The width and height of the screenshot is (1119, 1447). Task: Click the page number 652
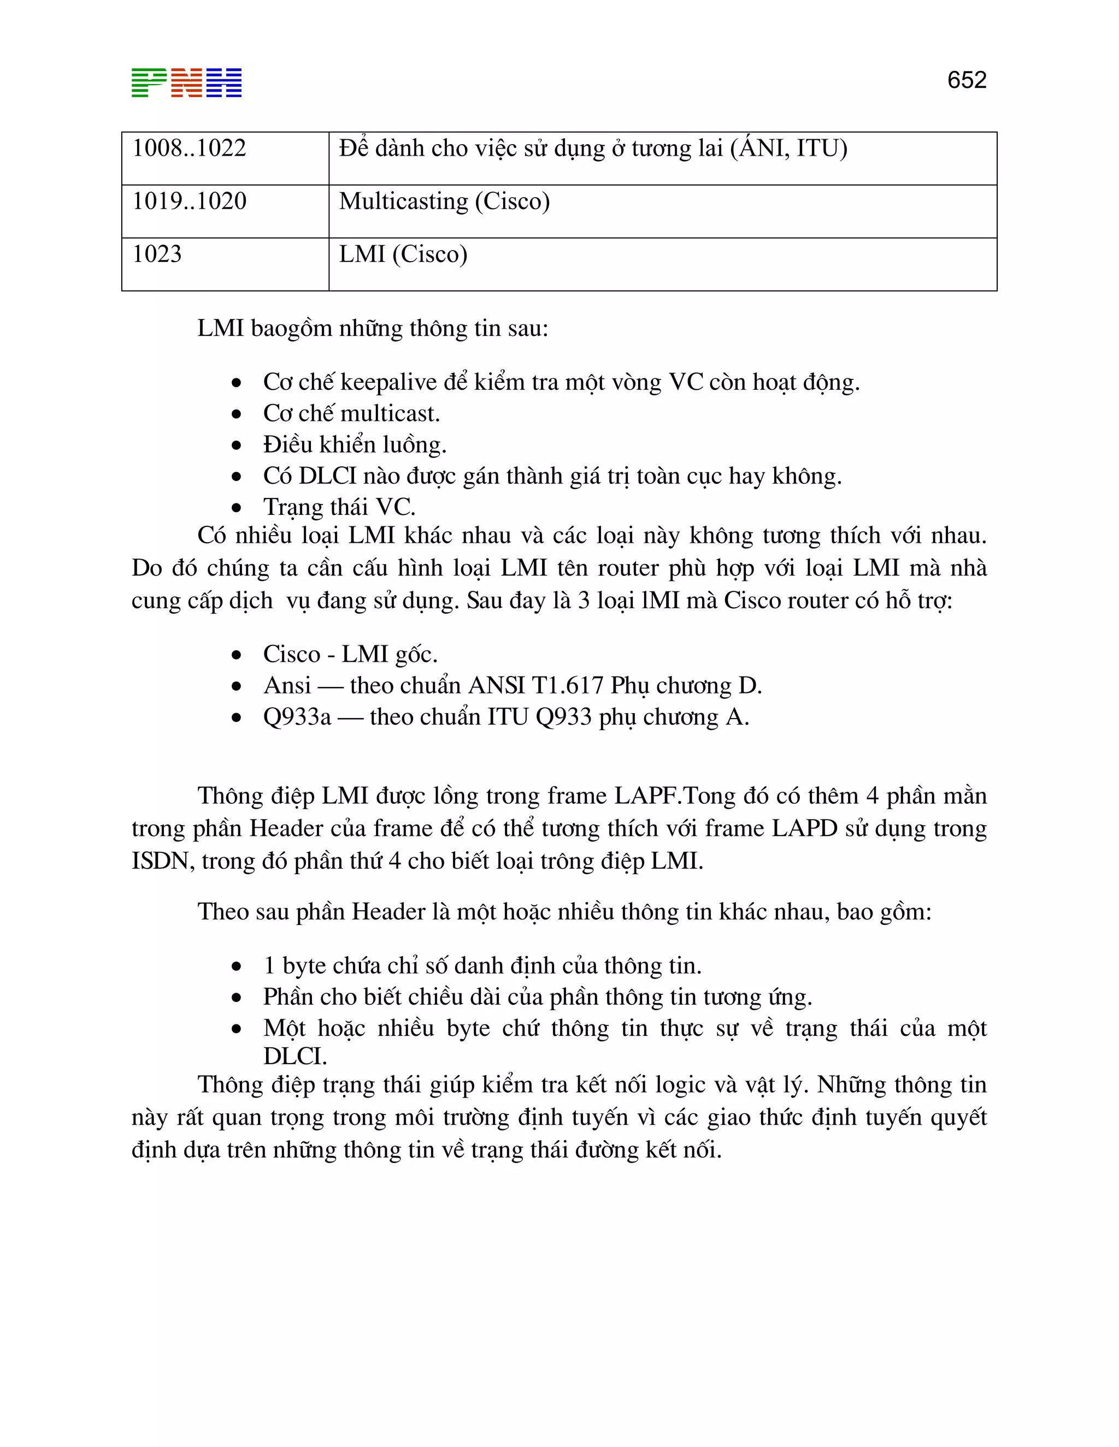[966, 80]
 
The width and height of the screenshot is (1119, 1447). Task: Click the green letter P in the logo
[149, 83]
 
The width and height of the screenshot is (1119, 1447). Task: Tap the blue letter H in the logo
[224, 83]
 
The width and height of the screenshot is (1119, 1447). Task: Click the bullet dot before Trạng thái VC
[237, 508]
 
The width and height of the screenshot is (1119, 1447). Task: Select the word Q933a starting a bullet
[297, 717]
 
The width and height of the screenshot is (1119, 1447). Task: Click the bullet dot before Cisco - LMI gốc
[237, 655]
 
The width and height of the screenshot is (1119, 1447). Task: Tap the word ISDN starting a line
[159, 861]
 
